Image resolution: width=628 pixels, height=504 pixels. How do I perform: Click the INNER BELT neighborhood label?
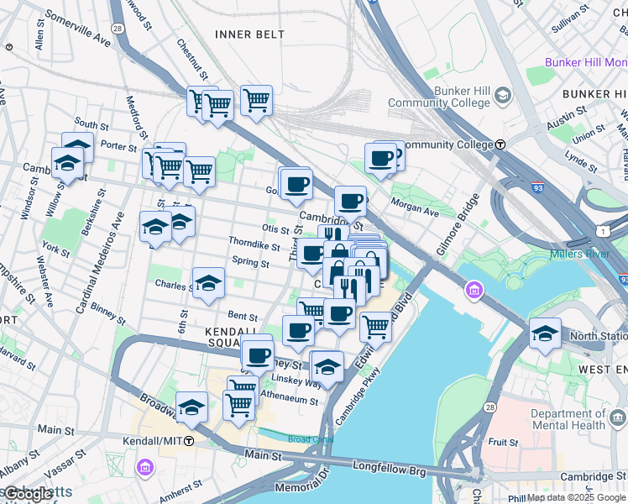coord(249,34)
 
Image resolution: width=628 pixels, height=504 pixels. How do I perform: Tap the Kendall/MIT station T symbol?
coord(190,441)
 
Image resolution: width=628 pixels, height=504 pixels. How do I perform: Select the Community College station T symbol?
coord(500,144)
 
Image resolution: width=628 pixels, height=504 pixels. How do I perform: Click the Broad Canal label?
coord(311,439)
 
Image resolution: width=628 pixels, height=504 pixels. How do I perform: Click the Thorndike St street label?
coord(254,245)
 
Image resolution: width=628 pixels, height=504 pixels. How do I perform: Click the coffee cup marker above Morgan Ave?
coord(380,157)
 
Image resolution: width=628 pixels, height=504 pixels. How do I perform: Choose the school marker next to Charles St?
coord(208,283)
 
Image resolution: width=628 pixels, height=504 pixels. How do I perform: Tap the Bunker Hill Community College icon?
coord(502,95)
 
